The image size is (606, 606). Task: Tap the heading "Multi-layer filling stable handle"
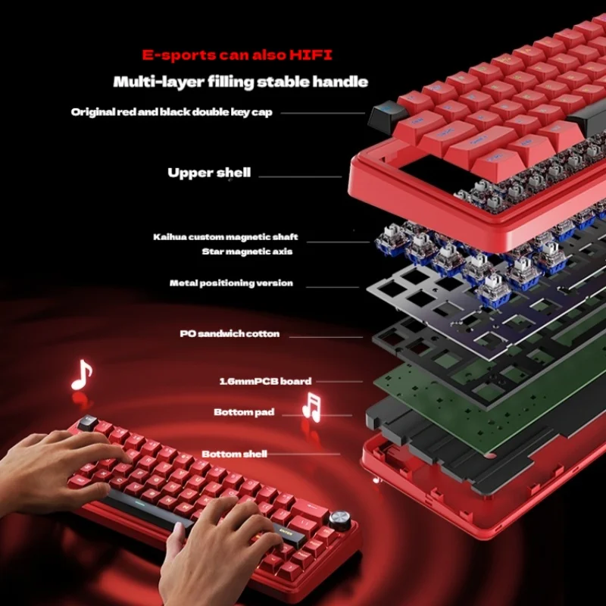[x=240, y=81]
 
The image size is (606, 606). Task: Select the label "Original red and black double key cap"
[x=172, y=112]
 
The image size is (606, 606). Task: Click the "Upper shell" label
[x=209, y=173]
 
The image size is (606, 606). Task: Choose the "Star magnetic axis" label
[x=247, y=251]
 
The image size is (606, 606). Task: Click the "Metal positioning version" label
[x=231, y=283]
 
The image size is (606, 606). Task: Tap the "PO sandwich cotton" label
[x=230, y=333]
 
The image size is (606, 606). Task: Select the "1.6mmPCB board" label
[x=254, y=381]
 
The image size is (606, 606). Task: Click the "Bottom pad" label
[x=244, y=413]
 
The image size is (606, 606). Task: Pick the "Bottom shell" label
[x=234, y=454]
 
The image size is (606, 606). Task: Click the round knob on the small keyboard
[x=345, y=523]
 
